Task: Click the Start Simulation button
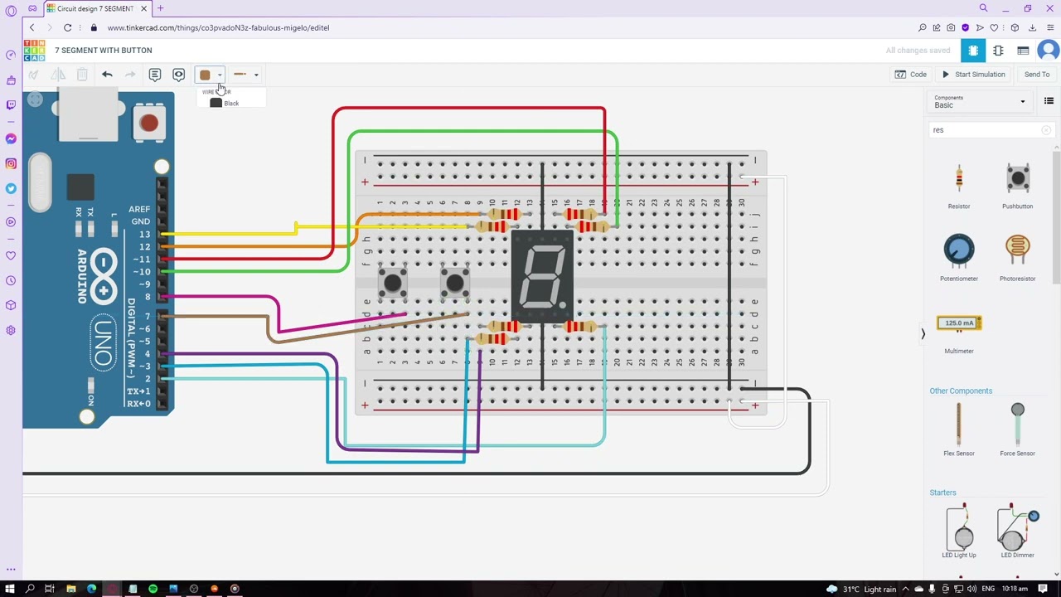973,75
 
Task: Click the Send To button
1036,75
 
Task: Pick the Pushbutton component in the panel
1017,179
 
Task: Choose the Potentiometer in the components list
959,251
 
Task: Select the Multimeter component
959,323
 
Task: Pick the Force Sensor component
1017,425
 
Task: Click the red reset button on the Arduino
148,124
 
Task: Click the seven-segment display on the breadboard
542,277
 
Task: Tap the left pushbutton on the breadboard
392,283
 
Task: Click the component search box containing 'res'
986,130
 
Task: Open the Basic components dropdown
979,102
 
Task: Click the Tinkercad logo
34,51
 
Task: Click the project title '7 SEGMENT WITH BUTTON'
104,51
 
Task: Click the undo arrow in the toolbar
107,75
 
